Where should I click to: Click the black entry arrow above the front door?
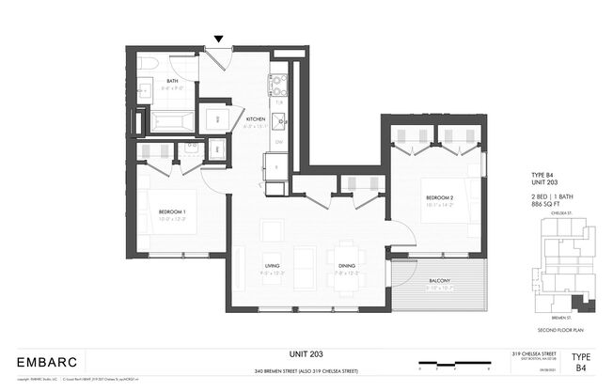pos(219,39)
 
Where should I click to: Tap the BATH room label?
pos(173,81)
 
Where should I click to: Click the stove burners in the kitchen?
pos(277,85)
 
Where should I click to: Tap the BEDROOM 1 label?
pos(172,211)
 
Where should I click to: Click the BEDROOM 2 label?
pos(440,197)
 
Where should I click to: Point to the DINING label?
pos(347,266)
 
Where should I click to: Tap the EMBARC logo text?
pos(47,361)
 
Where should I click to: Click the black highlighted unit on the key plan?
pos(574,302)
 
